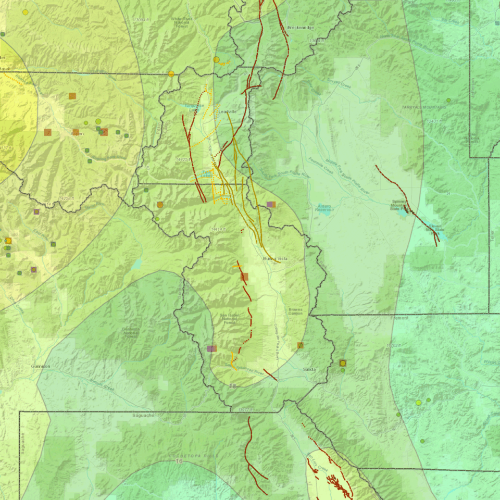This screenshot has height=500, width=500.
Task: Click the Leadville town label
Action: tap(227, 111)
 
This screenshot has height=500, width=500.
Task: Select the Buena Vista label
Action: tap(275, 258)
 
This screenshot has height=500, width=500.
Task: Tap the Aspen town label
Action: tap(77, 134)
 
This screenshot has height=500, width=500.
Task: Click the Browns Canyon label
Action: tap(296, 311)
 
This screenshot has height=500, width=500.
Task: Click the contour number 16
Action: tap(179, 461)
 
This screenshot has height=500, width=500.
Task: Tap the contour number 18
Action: tap(233, 385)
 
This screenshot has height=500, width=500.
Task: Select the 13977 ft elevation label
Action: tap(245, 410)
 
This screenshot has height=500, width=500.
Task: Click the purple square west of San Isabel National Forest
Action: tap(211, 348)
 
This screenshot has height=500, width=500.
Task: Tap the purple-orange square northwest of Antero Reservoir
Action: tap(270, 205)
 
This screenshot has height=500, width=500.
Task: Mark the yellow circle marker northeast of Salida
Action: tap(343, 363)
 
